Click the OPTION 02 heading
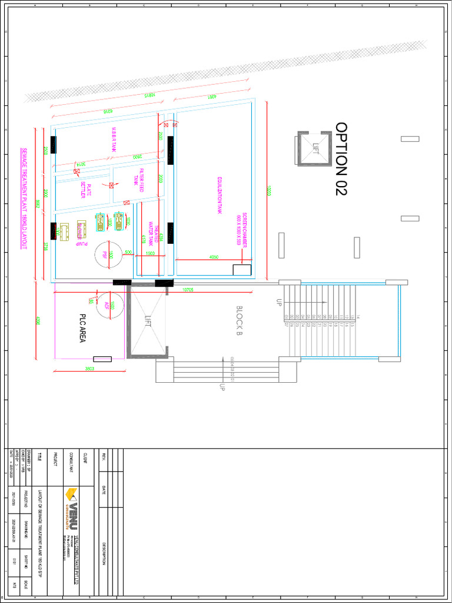tap(341, 159)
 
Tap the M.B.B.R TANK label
tap(113, 140)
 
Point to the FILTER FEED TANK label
tap(138, 179)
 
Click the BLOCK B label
tap(240, 321)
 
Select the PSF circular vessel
tap(109, 254)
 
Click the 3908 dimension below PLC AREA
tap(90, 369)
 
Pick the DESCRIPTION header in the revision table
tap(104, 553)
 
